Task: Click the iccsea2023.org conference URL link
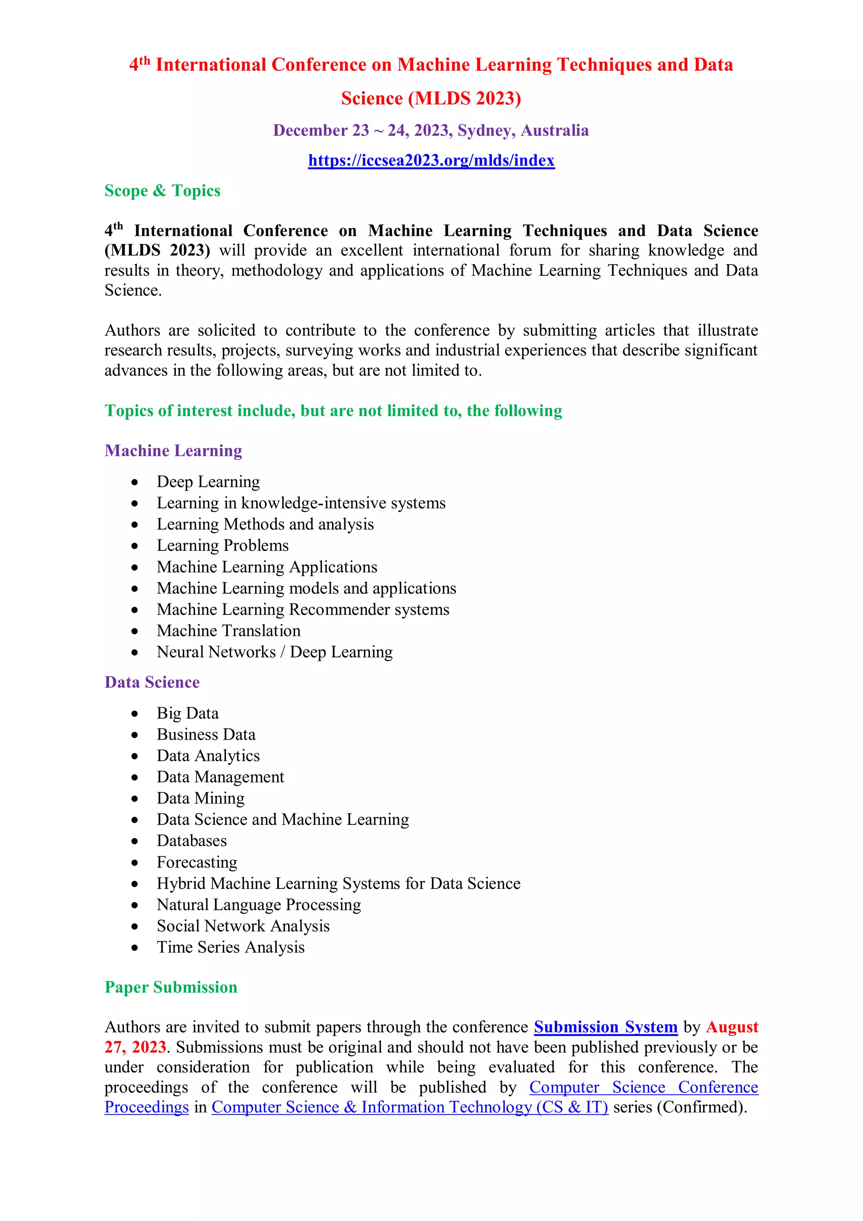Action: [x=431, y=161]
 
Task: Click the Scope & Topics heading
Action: [x=162, y=191]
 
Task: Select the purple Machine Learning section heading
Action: [x=173, y=451]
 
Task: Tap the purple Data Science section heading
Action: [x=152, y=682]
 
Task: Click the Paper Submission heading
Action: [x=171, y=987]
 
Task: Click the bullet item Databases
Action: [x=191, y=841]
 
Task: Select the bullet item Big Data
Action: [x=188, y=713]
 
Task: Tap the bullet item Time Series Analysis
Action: [x=230, y=947]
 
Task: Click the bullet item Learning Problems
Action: [x=222, y=546]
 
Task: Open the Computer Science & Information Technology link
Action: [x=410, y=1107]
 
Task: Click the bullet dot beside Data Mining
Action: [x=135, y=799]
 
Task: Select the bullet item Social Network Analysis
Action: [x=243, y=926]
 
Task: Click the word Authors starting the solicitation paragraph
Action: [x=132, y=330]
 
